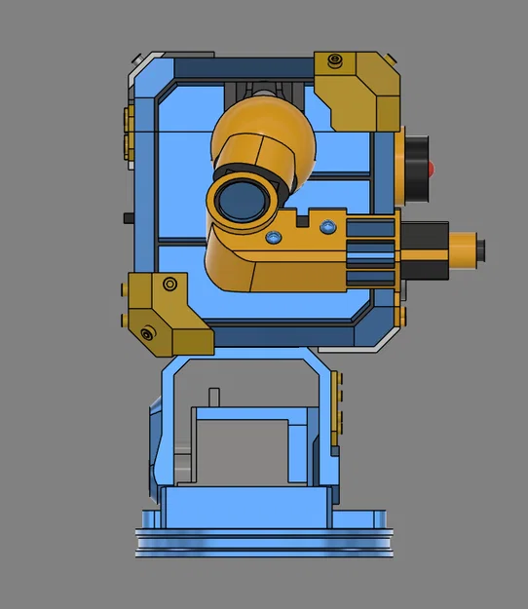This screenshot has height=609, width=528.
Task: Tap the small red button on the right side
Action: click(431, 169)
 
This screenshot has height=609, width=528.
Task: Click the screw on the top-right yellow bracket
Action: click(336, 62)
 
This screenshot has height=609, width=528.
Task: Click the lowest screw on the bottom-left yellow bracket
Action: click(147, 334)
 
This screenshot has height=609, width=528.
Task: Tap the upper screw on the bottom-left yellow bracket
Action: click(170, 285)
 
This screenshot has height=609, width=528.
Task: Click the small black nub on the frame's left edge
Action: click(128, 216)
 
